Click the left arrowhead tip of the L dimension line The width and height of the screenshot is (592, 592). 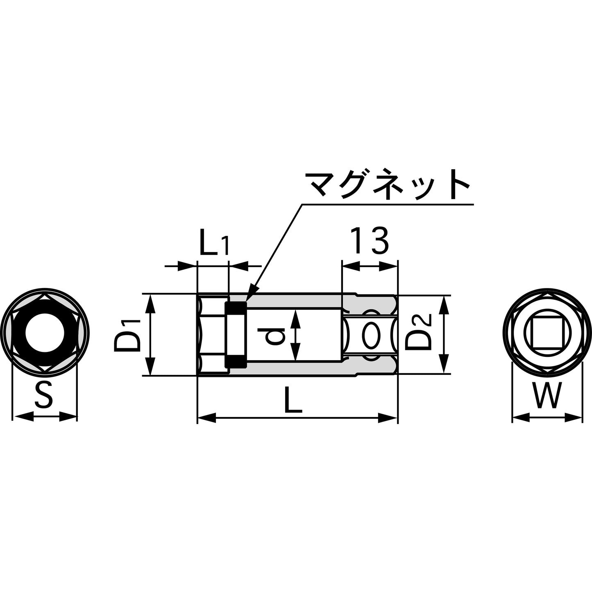coord(197,417)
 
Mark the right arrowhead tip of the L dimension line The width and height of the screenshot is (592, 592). coord(397,417)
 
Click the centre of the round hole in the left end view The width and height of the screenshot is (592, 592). coord(45,333)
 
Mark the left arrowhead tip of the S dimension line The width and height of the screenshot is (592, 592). coord(14,417)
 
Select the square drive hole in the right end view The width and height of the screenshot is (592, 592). coord(547,332)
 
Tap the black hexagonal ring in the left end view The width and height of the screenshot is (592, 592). coord(45,333)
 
